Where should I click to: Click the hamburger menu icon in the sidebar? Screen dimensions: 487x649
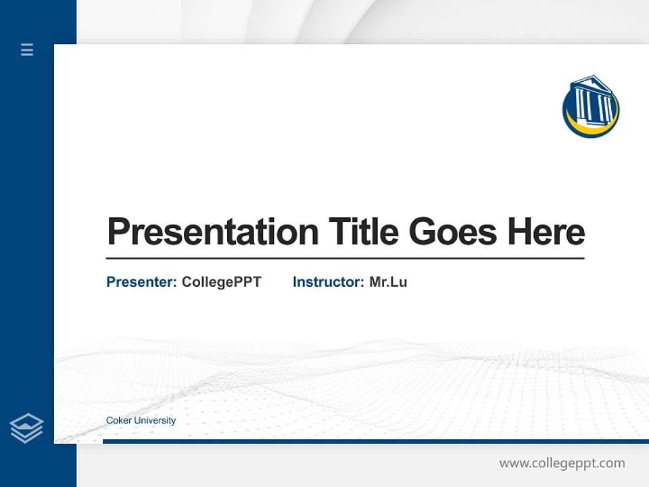tap(27, 49)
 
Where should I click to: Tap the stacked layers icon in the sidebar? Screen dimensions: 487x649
tap(26, 428)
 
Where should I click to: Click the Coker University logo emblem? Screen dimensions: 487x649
tap(590, 107)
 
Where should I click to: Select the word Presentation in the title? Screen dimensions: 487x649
tap(212, 232)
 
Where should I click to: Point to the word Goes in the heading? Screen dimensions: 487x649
tap(453, 232)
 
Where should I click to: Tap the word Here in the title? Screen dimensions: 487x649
tap(546, 232)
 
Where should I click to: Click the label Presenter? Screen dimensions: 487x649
tap(141, 282)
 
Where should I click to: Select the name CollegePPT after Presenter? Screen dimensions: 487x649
tap(221, 282)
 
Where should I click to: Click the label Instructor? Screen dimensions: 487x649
tap(328, 282)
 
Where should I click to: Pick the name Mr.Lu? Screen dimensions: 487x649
tap(388, 282)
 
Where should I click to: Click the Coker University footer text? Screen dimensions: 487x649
tap(141, 421)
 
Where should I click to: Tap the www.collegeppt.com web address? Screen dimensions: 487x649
tap(562, 463)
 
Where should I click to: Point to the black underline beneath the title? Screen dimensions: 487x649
tap(345, 258)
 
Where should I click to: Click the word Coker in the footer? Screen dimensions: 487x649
tap(119, 421)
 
